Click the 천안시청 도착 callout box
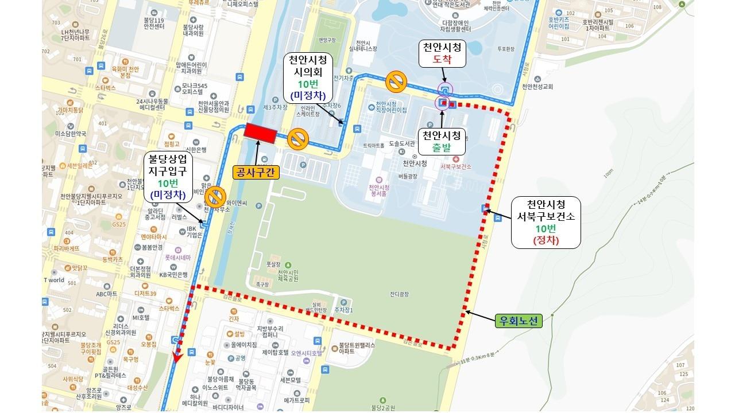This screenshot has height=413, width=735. pos(442,53)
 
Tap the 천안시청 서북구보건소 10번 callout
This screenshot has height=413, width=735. pos(546,222)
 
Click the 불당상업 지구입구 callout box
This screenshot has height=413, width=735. pos(168,176)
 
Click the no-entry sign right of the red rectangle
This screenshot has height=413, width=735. pos(299,139)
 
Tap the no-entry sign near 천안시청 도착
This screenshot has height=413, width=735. pos(396,81)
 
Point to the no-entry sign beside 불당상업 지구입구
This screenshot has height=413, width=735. pos(215,196)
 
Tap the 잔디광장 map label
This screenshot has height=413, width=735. pos(399,294)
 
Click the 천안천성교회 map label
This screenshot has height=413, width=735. pos(537,87)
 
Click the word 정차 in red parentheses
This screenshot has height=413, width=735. pos(546,240)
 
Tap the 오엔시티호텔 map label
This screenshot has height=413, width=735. pos(306,353)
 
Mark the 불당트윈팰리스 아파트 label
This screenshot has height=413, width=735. pos(356,349)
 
